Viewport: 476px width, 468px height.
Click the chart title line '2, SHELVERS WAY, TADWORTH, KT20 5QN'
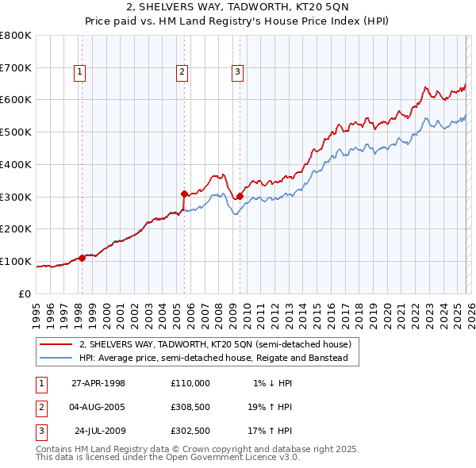tap(238, 9)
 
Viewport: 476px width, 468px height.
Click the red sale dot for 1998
tap(82, 257)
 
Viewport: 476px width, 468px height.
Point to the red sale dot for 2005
tap(184, 194)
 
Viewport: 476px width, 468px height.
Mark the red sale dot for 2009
tap(240, 196)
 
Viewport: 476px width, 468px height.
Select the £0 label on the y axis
tap(25, 293)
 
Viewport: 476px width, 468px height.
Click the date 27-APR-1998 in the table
tap(98, 383)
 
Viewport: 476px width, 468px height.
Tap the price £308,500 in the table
tap(190, 408)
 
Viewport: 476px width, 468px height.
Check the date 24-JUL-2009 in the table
tap(100, 432)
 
